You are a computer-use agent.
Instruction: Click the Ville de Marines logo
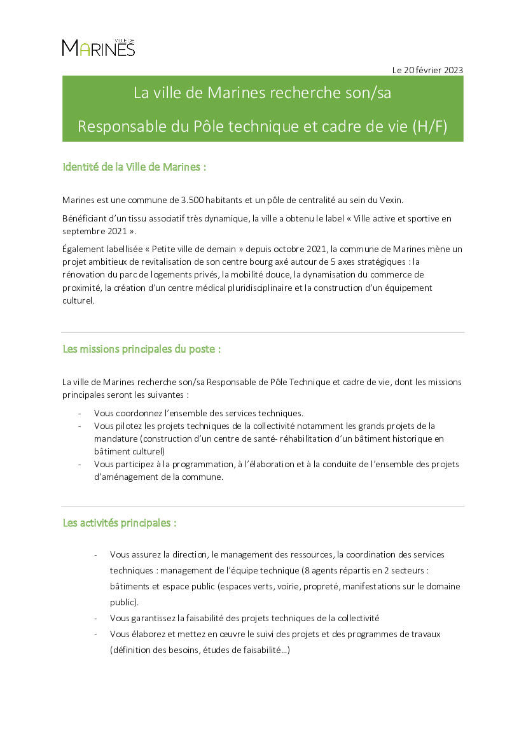[x=99, y=47]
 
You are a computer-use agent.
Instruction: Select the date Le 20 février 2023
[x=427, y=70]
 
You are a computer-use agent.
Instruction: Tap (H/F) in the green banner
[x=429, y=126]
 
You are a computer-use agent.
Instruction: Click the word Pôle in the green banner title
[x=208, y=126]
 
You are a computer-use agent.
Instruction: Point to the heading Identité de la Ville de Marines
[x=134, y=167]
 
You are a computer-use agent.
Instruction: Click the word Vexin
[x=389, y=200]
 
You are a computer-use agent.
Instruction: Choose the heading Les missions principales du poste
[x=141, y=349]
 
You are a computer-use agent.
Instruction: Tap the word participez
[x=137, y=464]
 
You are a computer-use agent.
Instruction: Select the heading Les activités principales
[x=119, y=523]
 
